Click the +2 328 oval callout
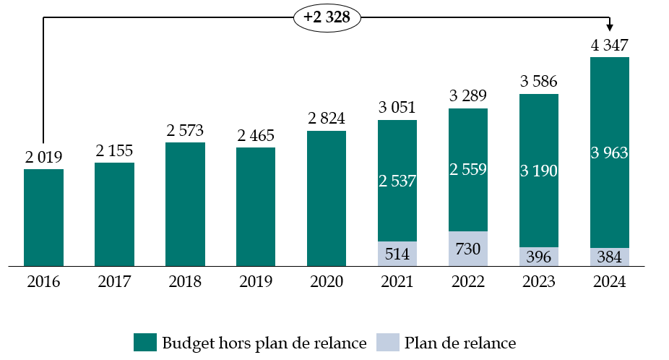[x=327, y=18]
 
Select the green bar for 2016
[x=43, y=218]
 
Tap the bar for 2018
[x=185, y=204]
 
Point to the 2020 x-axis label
[x=327, y=283]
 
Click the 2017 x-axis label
[x=114, y=283]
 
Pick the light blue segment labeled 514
[x=397, y=254]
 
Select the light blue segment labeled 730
[x=468, y=249]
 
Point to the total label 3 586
[x=539, y=81]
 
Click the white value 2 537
[x=397, y=181]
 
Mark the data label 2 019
[x=43, y=156]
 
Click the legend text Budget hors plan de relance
[x=264, y=343]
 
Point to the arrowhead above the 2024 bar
[x=610, y=26]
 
